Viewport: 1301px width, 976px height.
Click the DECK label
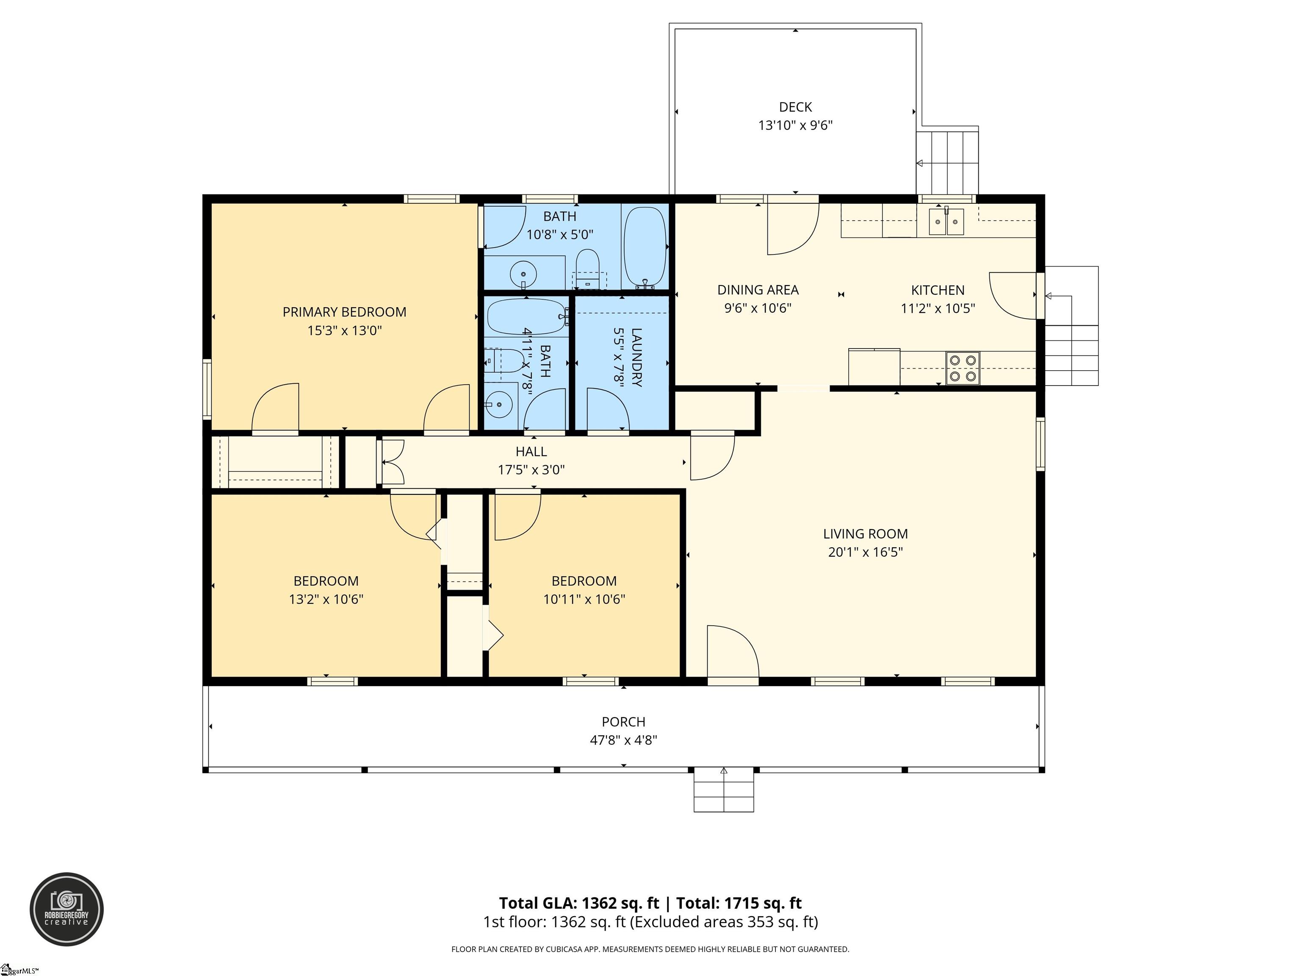pos(795,107)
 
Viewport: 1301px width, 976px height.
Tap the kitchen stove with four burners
pos(963,368)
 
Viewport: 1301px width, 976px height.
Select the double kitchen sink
pos(947,222)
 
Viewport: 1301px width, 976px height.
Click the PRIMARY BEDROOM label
pos(345,312)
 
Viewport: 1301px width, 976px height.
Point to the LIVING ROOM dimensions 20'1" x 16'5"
pos(865,552)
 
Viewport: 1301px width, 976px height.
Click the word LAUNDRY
pos(637,357)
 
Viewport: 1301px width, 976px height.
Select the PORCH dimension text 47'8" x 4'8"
pos(623,740)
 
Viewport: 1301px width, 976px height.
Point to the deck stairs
pos(947,162)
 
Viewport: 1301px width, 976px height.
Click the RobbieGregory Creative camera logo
pos(66,909)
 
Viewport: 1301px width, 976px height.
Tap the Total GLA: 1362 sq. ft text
pos(579,903)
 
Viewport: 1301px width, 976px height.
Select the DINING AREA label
pos(758,290)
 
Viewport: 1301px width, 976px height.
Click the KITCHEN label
pos(938,290)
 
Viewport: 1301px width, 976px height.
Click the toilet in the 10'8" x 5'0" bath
pos(587,269)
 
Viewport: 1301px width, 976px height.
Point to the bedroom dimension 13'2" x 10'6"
pos(326,599)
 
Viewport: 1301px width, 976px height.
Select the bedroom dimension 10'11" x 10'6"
pos(584,599)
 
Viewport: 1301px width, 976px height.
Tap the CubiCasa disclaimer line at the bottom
pos(650,949)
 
